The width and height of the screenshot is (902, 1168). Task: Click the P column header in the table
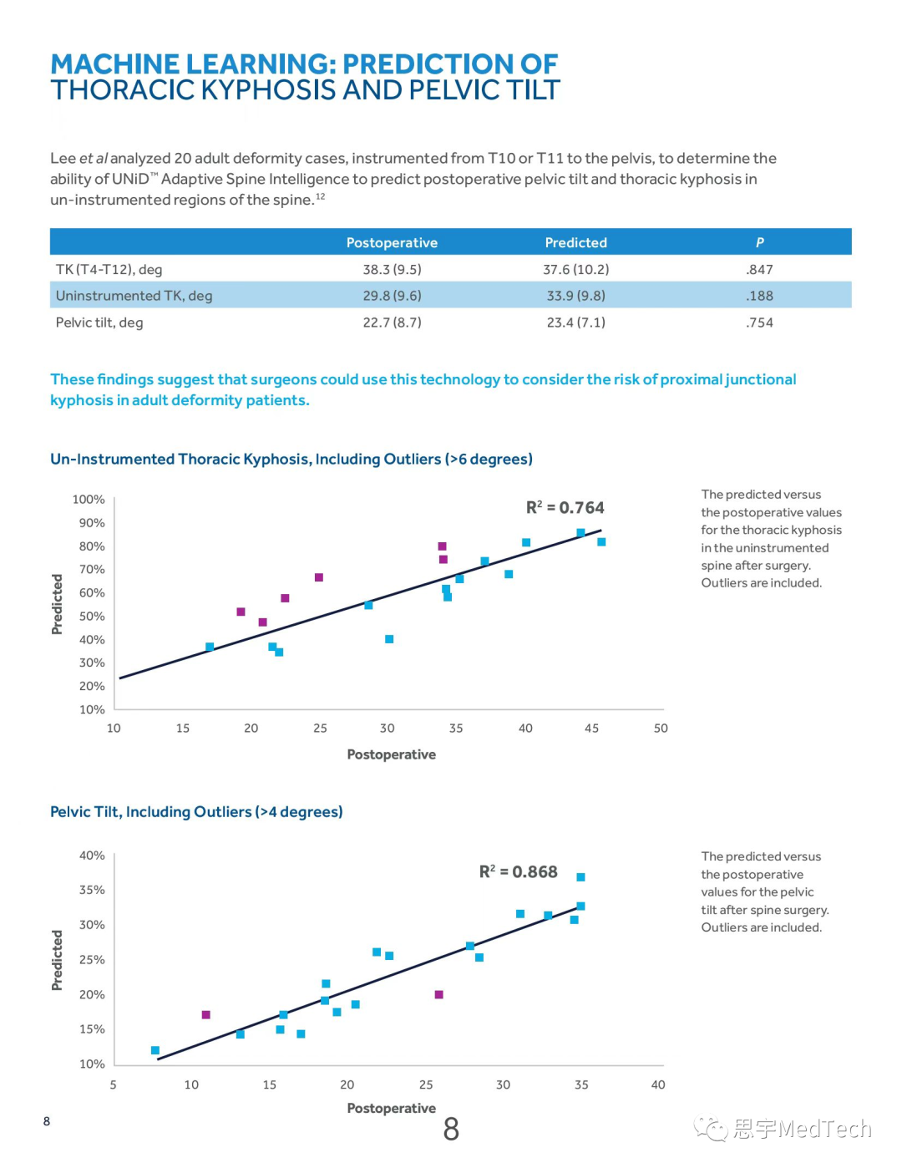click(x=759, y=242)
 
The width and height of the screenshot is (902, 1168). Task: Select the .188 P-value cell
click(x=759, y=296)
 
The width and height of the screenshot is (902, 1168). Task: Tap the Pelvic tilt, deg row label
click(x=99, y=322)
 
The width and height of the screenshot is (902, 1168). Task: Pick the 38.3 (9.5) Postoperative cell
click(x=392, y=269)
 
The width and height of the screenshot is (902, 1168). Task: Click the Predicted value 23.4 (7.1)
click(x=575, y=322)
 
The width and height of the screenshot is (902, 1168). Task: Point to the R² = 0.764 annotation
click(x=565, y=508)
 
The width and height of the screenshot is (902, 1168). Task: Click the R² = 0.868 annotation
click(x=518, y=872)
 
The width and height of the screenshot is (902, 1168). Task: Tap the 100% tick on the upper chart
click(x=89, y=500)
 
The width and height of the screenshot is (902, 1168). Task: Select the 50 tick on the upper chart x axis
click(x=661, y=729)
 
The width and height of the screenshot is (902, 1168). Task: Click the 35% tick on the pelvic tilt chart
click(x=92, y=890)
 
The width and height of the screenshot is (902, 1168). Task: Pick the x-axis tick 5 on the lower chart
click(x=114, y=1084)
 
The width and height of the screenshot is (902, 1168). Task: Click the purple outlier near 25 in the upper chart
click(x=319, y=577)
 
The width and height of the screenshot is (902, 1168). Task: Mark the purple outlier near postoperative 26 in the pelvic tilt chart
click(x=439, y=994)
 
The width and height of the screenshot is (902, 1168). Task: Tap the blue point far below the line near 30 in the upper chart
click(x=389, y=639)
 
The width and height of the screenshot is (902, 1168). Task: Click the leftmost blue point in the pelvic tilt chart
click(x=155, y=1050)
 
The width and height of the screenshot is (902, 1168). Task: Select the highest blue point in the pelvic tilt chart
click(x=581, y=877)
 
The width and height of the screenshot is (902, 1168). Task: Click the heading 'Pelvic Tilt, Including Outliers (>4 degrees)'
click(x=196, y=812)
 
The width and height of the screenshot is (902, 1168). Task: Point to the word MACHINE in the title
click(x=114, y=64)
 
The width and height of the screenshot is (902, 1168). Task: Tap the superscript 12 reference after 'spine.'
click(x=321, y=197)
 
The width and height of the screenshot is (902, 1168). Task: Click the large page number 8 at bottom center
click(x=451, y=1130)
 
